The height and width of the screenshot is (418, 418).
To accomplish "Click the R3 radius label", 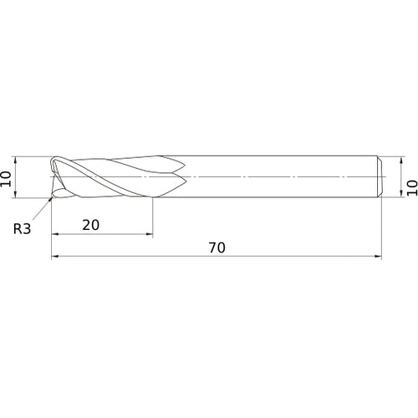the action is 22,229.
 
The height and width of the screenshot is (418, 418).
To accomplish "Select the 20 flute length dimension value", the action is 91,225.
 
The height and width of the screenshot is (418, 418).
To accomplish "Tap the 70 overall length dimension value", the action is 217,247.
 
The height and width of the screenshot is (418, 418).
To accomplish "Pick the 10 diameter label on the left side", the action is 6,179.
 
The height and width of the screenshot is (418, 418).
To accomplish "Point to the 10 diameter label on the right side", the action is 412,188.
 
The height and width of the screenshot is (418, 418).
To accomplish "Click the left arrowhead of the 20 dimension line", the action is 55,234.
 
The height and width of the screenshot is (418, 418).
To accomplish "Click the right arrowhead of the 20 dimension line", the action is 150,234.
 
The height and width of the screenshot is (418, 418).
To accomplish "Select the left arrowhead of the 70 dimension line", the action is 55,256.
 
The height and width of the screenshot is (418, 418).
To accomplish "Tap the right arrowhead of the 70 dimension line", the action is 378,256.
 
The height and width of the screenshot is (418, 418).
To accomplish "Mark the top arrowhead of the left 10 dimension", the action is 16,160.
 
